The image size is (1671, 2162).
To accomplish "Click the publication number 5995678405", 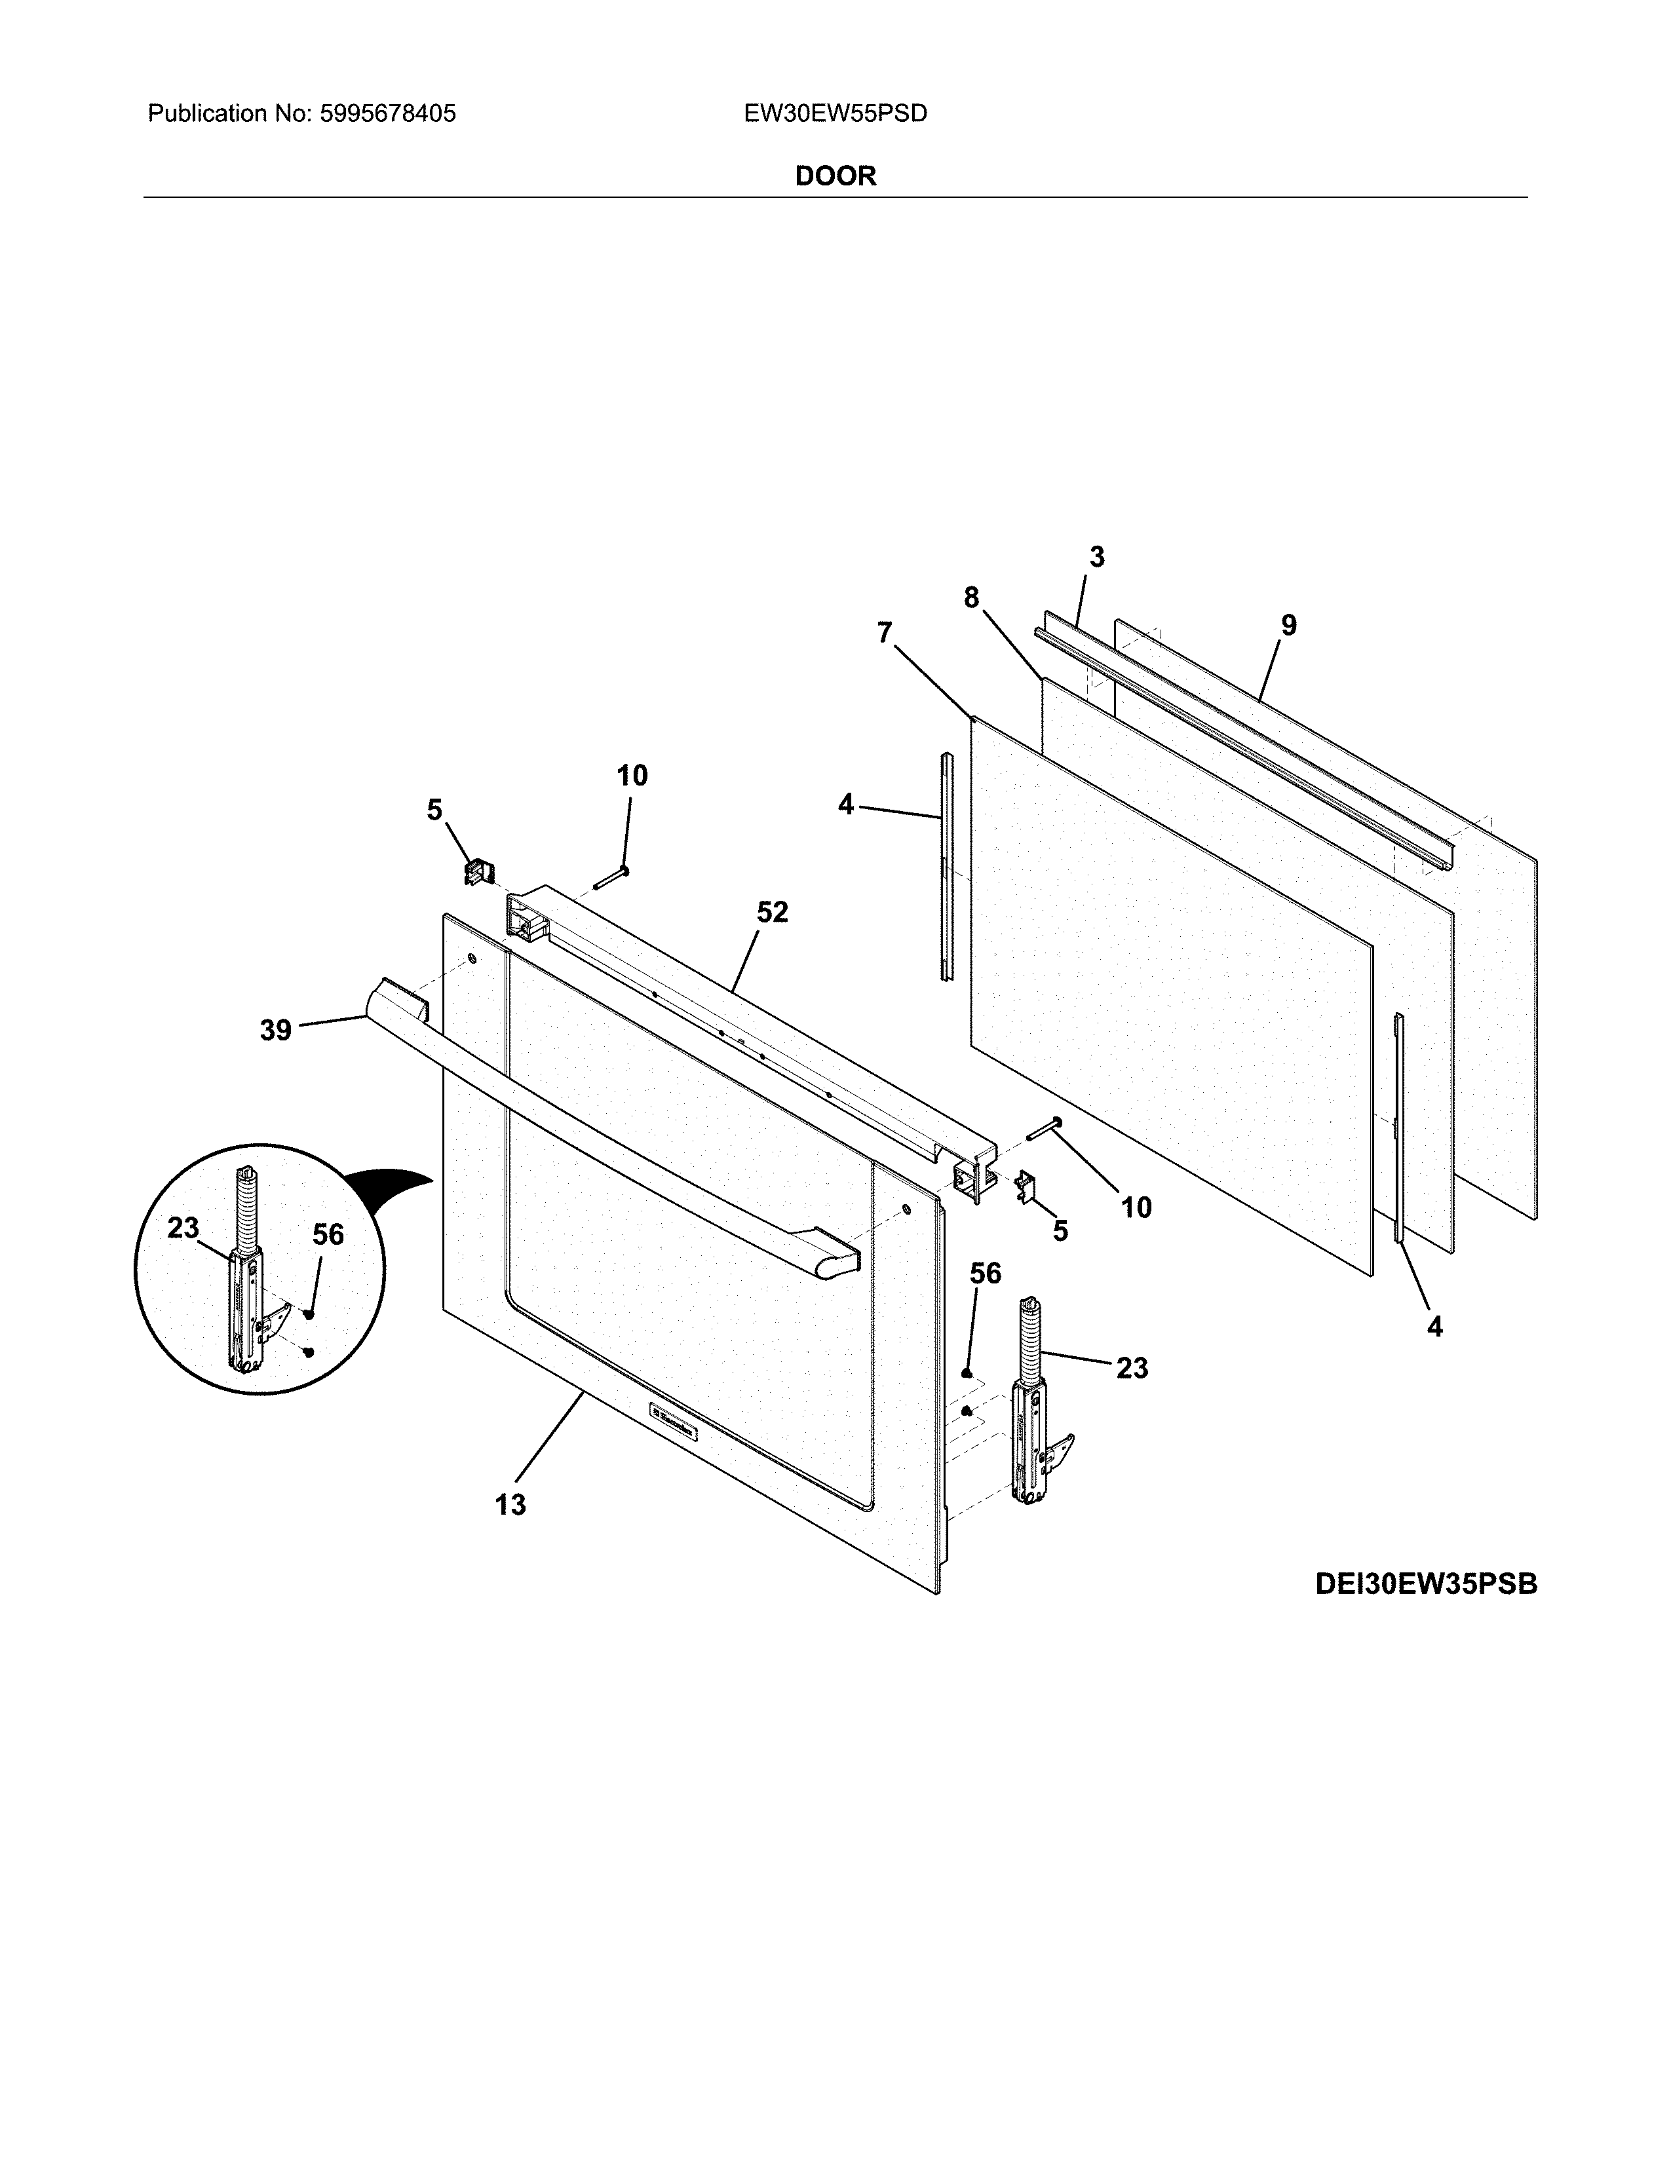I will [x=387, y=114].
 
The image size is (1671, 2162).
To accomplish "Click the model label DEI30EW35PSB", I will [x=1425, y=1585].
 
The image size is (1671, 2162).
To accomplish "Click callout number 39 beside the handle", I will [x=275, y=1031].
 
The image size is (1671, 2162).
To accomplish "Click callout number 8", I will [x=971, y=597].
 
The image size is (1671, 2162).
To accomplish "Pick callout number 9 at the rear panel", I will [x=1288, y=624].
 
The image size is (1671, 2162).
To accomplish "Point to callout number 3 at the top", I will [x=1097, y=558].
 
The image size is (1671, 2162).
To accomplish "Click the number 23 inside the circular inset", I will [x=183, y=1228].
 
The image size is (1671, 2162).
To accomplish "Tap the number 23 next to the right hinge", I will [x=1132, y=1368].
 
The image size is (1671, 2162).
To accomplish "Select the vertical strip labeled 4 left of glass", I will [x=946, y=866].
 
